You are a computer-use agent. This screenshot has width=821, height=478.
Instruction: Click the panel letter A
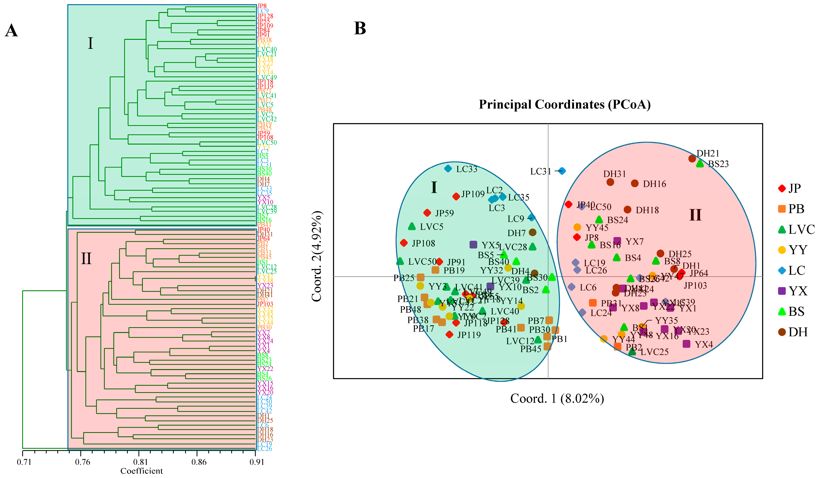pos(11,31)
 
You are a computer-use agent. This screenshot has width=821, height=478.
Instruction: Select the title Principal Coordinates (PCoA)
pos(565,105)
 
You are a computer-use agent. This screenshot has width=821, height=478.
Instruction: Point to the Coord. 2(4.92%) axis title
pos(317,257)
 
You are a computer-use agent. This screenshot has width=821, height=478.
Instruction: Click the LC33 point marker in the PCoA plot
pos(448,168)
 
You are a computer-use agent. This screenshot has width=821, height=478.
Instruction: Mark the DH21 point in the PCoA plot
pos(692,158)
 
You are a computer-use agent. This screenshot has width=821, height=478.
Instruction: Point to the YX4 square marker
pos(686,344)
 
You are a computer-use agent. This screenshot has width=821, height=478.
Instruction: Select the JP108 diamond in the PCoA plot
pos(404,243)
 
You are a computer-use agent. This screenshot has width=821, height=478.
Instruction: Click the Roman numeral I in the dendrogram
pos(90,43)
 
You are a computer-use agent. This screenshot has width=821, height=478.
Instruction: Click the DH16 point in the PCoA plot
pos(635,183)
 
